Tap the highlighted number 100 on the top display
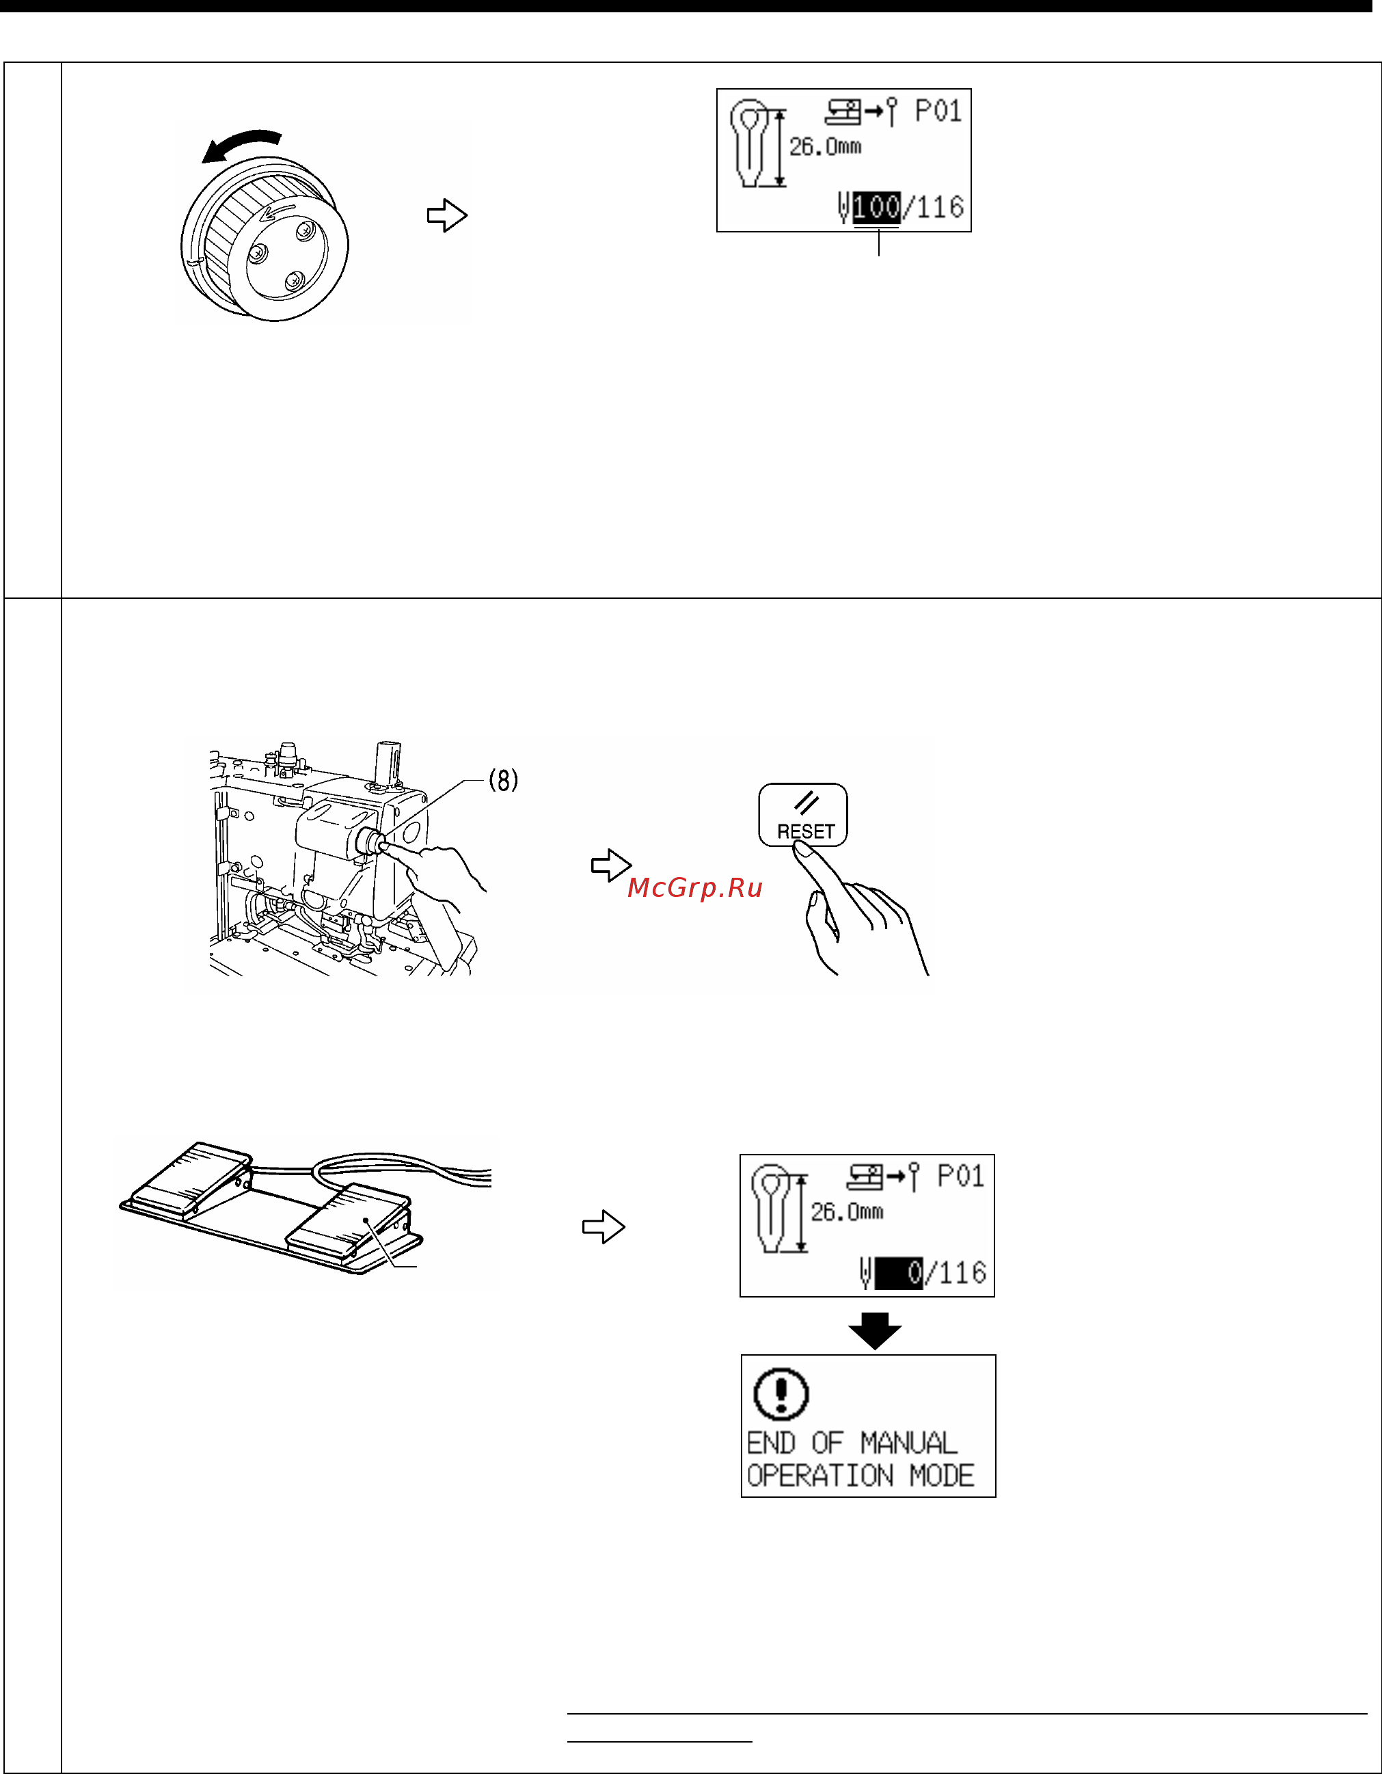[x=876, y=207]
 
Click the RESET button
[x=803, y=815]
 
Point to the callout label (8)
[x=504, y=781]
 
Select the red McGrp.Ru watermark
[x=695, y=887]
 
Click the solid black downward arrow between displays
[x=874, y=1330]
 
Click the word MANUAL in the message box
[x=908, y=1442]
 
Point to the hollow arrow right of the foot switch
[x=604, y=1226]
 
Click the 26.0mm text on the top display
[x=825, y=147]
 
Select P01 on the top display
[x=938, y=111]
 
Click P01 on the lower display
[x=960, y=1176]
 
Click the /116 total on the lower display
[x=956, y=1273]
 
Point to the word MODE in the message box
[x=942, y=1475]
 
